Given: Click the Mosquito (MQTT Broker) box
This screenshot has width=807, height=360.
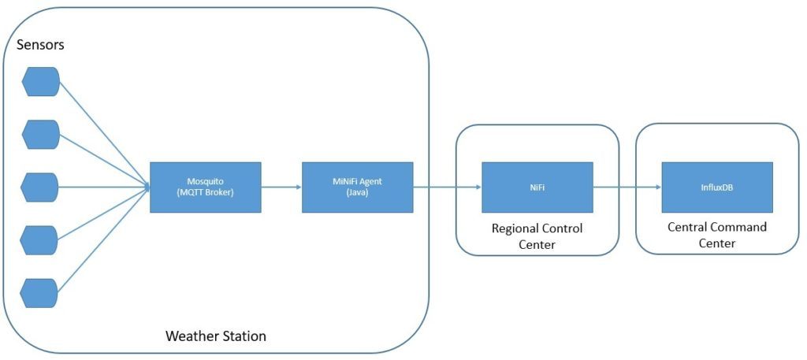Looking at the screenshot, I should point(205,187).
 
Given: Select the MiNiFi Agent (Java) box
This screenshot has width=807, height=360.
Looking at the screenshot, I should point(357,187).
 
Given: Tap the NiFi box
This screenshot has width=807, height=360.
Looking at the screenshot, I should point(537,187).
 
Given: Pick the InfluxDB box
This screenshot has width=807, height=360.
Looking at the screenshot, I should point(716,187).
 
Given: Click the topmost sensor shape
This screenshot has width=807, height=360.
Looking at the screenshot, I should point(40,81).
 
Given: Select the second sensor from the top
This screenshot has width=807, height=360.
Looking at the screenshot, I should point(40,134).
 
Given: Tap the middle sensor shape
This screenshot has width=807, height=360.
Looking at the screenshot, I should point(40,187).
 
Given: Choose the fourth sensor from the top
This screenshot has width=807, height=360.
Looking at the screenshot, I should point(40,239).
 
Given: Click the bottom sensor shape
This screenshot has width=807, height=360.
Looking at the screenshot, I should point(40,292).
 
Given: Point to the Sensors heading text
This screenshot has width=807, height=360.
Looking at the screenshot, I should point(41,45).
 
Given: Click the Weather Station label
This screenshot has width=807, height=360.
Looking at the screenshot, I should point(215,336).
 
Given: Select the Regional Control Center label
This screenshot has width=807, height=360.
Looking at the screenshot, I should point(537,236).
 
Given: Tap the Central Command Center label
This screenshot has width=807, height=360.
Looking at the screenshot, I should point(716,235).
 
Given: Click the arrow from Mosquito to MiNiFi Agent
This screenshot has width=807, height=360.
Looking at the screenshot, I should point(281,187).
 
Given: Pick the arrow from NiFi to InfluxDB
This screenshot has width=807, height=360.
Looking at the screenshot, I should point(627,187).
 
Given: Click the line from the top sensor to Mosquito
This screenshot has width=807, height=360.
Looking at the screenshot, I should point(102,132).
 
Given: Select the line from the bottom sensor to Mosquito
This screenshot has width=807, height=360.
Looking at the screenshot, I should point(102,241).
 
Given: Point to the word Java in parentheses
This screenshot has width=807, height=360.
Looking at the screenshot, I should point(357,193).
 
